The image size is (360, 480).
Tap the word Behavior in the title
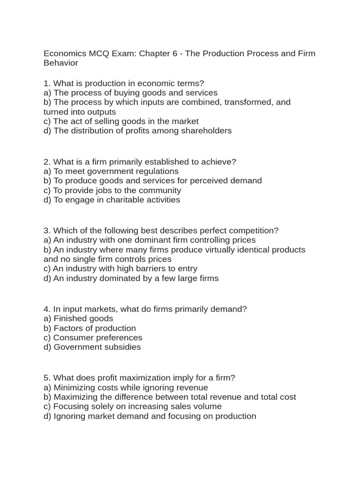pyautogui.click(x=61, y=63)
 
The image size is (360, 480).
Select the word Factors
pyautogui.click(x=69, y=328)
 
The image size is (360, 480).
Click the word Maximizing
pyautogui.click(x=76, y=397)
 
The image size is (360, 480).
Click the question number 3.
pyautogui.click(x=46, y=231)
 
